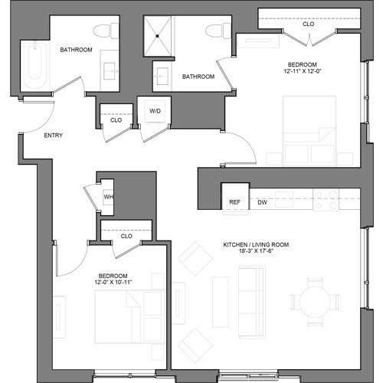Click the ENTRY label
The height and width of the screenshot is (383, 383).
pyautogui.click(x=54, y=136)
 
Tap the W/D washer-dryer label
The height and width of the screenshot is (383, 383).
pyautogui.click(x=155, y=111)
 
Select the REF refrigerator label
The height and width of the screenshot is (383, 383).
pyautogui.click(x=234, y=202)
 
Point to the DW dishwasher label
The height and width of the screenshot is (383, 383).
pyautogui.click(x=262, y=202)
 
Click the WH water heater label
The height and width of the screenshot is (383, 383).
pyautogui.click(x=109, y=197)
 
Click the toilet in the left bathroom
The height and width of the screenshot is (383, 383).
pyautogui.click(x=106, y=31)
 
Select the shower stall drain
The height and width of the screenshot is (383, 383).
pyautogui.click(x=158, y=36)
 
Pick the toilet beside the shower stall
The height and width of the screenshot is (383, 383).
pyautogui.click(x=218, y=31)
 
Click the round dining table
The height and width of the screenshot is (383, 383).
pyautogui.click(x=315, y=302)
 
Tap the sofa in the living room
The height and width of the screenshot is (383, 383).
pyautogui.click(x=251, y=302)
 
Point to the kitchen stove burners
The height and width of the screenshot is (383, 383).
pyautogui.click(x=326, y=200)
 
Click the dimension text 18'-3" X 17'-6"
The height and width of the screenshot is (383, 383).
pyautogui.click(x=256, y=250)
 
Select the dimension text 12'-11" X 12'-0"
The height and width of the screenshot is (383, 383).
pyautogui.click(x=303, y=71)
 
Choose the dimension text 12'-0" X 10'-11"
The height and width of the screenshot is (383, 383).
pyautogui.click(x=113, y=282)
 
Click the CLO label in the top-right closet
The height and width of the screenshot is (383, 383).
pyautogui.click(x=309, y=24)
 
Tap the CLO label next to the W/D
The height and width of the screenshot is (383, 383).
pyautogui.click(x=116, y=120)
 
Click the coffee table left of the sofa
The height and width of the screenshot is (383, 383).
pyautogui.click(x=221, y=302)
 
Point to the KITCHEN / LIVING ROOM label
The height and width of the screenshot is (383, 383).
pyautogui.click(x=256, y=244)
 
